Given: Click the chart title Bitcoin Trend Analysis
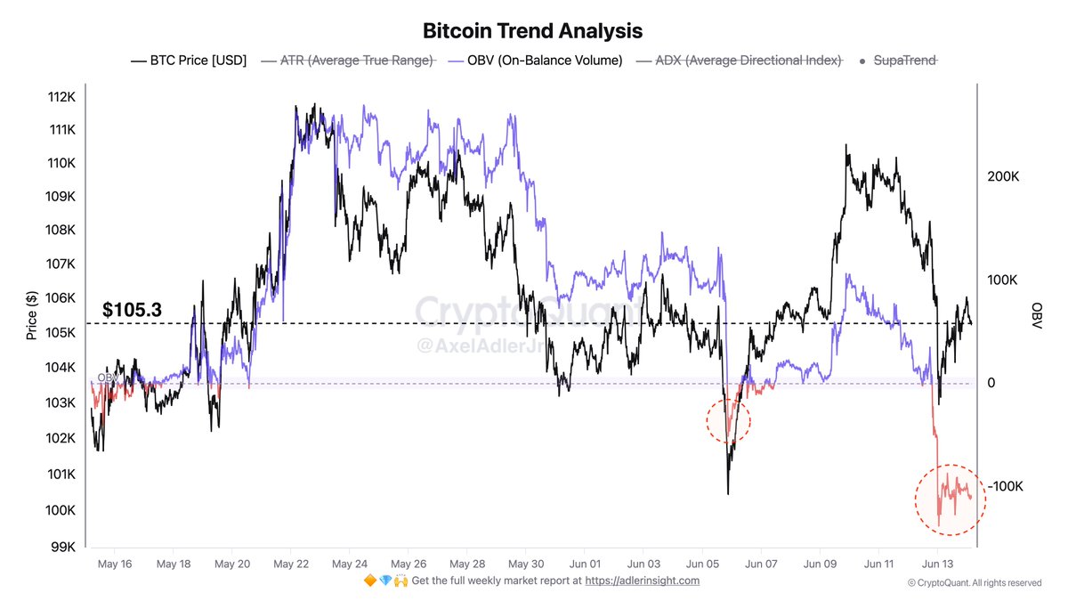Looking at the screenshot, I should [533, 30].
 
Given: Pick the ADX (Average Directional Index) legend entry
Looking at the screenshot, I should [740, 61].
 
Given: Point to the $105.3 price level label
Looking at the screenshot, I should [132, 309].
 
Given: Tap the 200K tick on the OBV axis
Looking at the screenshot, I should [1002, 177].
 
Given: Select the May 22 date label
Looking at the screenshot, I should [290, 564].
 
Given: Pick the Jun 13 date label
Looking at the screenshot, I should [937, 564].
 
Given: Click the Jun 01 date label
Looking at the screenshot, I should [585, 564].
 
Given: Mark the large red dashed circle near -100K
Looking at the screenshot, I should [950, 499].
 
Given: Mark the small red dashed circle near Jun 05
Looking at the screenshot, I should [728, 419].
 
